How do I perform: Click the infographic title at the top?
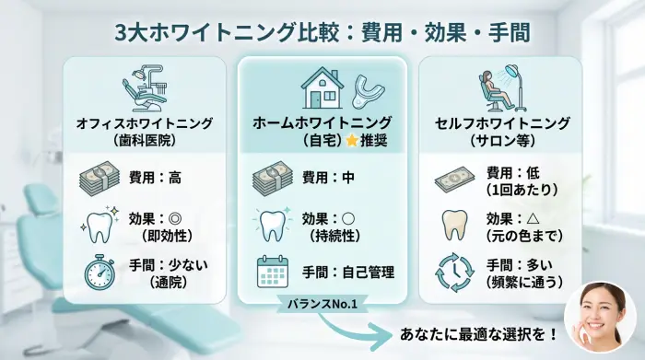pyautogui.click(x=322, y=32)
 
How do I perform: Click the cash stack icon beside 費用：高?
pyautogui.click(x=99, y=177)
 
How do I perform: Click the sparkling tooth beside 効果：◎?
pyautogui.click(x=99, y=226)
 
